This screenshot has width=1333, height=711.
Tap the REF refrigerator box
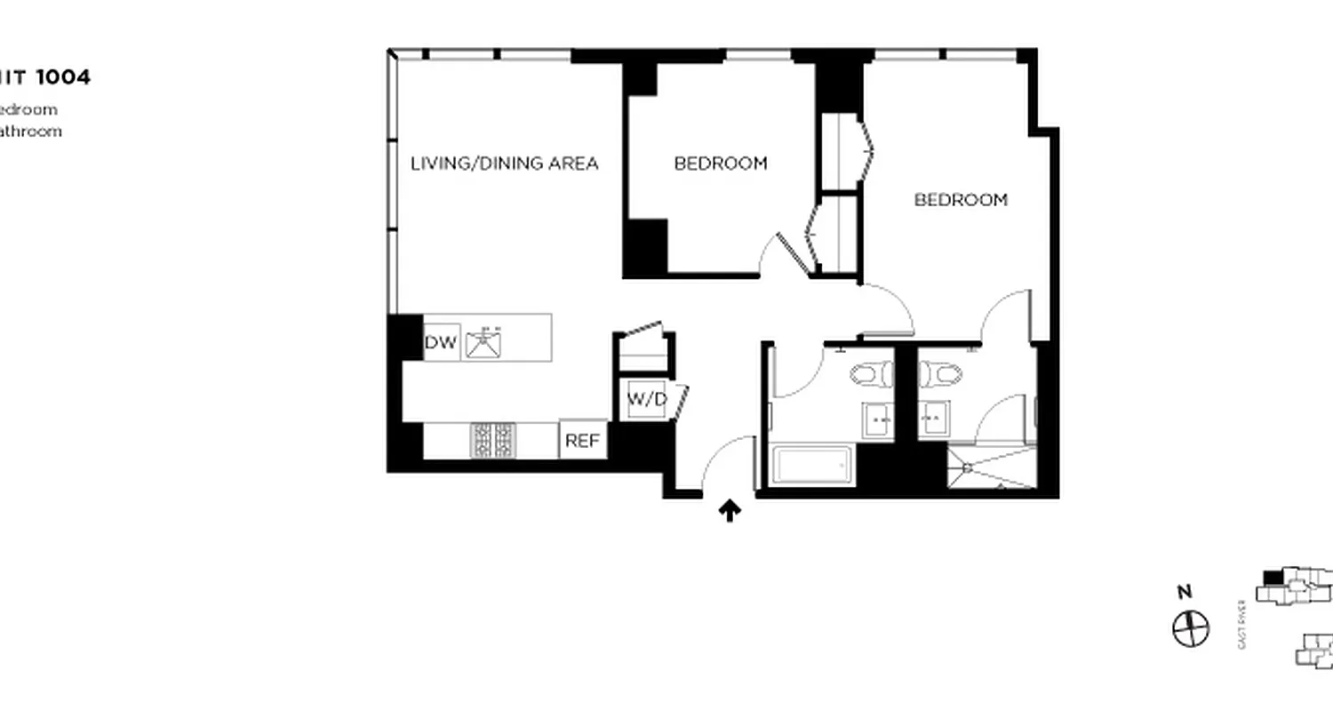(x=583, y=440)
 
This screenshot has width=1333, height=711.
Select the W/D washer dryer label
(x=647, y=400)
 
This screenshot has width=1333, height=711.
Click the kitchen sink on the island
(x=484, y=342)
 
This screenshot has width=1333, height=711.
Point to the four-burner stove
(x=492, y=440)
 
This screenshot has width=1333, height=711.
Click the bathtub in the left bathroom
(x=810, y=466)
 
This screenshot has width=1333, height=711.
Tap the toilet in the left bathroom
(x=870, y=374)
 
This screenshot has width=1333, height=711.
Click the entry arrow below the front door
(x=730, y=510)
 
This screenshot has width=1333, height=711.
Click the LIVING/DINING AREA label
(x=504, y=164)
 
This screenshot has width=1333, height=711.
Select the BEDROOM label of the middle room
(x=720, y=164)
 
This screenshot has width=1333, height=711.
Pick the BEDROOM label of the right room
(x=961, y=200)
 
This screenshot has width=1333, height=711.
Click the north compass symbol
(x=1191, y=629)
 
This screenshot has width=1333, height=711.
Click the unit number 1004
(x=62, y=77)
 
